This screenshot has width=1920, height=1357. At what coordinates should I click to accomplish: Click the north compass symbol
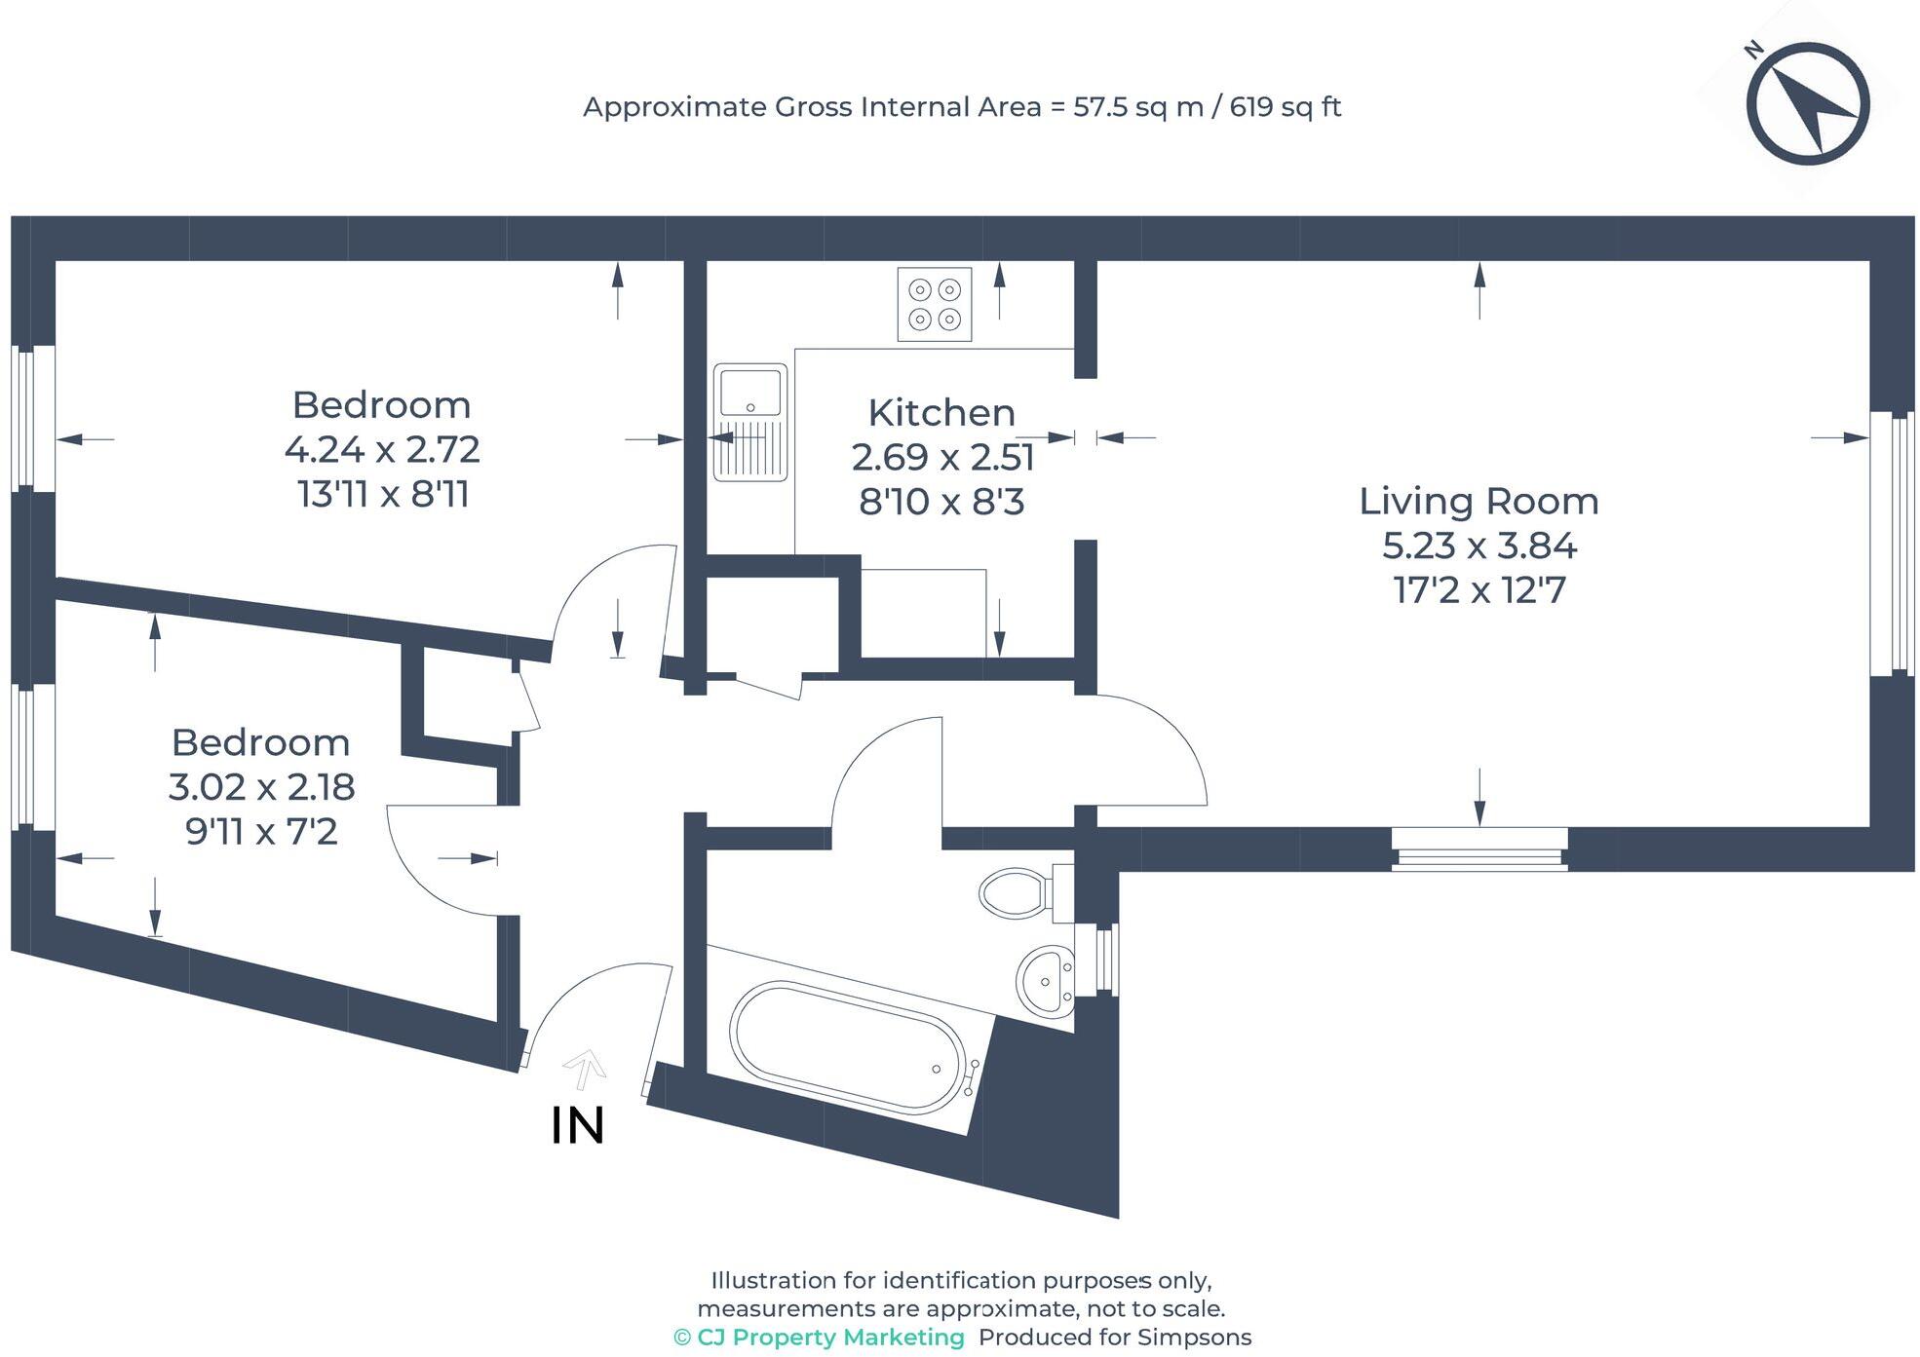point(1807,103)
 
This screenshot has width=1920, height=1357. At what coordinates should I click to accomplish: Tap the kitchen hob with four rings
point(935,304)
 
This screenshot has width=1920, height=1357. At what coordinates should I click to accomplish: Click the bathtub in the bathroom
point(849,1046)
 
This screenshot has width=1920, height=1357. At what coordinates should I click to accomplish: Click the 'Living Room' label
point(1478,501)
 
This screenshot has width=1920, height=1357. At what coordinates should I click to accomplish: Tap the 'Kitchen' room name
point(941,413)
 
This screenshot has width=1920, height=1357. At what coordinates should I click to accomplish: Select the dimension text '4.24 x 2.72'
point(382,449)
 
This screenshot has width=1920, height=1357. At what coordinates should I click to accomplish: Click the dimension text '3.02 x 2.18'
point(261,786)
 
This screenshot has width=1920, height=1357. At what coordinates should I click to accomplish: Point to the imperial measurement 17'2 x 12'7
point(1479,590)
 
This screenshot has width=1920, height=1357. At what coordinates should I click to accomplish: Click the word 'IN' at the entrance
point(578,1125)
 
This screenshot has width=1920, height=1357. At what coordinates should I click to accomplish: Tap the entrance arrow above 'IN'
point(585,1068)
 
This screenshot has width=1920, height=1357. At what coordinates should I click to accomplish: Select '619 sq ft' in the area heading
point(1286,107)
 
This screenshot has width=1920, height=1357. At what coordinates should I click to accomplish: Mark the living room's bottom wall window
point(1479,848)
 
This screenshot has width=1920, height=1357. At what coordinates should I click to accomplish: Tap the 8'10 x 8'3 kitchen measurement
point(941,502)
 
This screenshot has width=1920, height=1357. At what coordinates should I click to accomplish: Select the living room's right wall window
point(1893,543)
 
